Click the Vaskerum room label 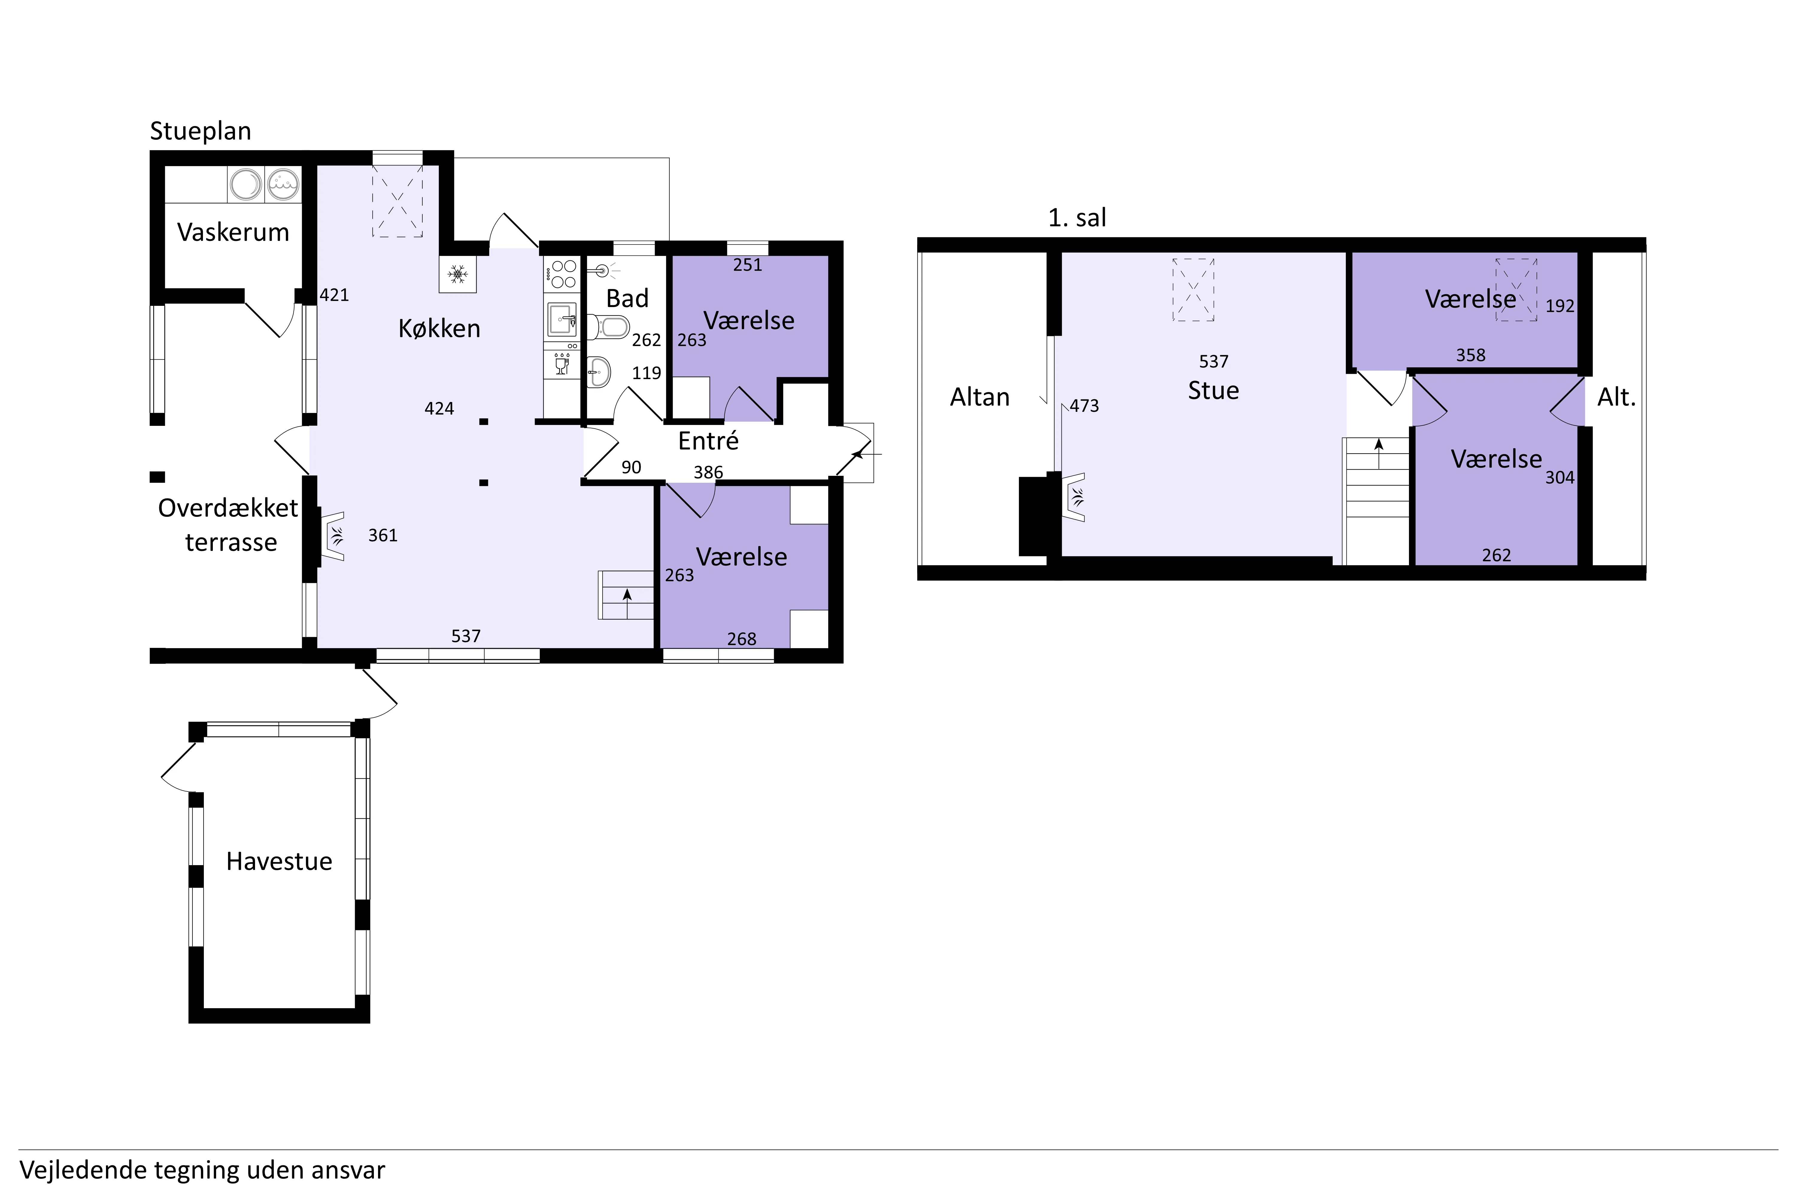(233, 232)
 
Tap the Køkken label (439, 328)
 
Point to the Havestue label (279, 861)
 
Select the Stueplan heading (200, 131)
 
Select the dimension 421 (334, 295)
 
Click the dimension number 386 (708, 473)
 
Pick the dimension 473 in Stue (1084, 406)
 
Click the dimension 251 (747, 265)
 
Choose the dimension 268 (741, 639)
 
